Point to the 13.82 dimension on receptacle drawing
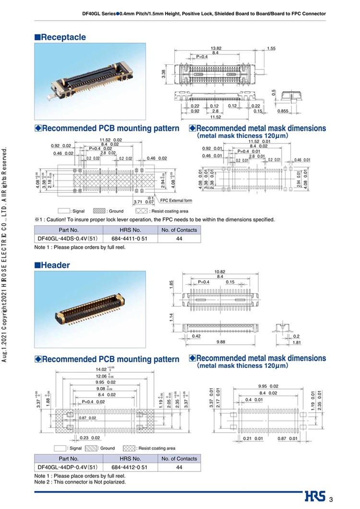(216, 48)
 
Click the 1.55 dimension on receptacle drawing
(271, 48)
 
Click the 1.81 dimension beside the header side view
(296, 342)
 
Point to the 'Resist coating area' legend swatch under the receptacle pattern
(142, 211)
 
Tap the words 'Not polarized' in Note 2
(111, 482)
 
